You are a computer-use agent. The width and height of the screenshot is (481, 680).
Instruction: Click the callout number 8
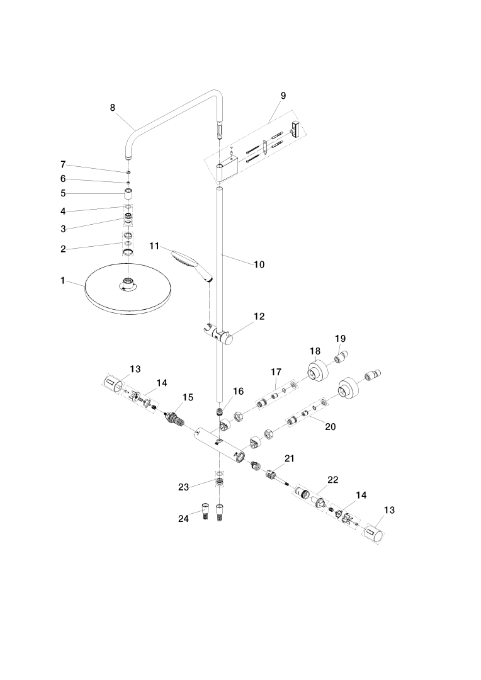113,107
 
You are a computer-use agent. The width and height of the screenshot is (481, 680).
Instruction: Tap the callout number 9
283,96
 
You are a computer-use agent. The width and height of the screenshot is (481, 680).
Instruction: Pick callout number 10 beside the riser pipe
259,264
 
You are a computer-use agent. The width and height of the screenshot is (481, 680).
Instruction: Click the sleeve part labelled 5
128,193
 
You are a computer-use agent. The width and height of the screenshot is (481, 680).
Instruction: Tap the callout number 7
63,164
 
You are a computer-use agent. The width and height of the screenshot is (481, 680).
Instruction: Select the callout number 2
63,249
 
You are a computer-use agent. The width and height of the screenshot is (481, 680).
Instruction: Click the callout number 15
188,397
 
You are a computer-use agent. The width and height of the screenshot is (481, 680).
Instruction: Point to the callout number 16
237,391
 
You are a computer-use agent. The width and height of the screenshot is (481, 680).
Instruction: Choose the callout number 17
276,372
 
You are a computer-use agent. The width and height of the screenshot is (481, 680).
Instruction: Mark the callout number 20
331,426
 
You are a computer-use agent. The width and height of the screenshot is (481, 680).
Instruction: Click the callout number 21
289,458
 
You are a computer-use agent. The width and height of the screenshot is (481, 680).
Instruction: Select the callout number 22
333,480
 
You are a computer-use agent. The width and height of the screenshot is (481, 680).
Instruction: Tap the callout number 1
63,280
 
